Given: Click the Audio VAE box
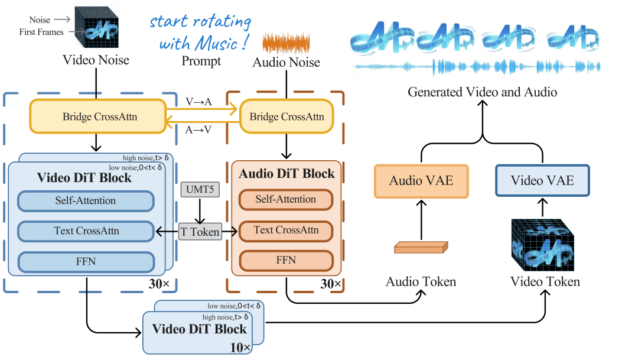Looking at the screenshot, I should [x=421, y=181].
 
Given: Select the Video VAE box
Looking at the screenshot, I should [x=542, y=180].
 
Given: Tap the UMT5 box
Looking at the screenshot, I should [x=199, y=190].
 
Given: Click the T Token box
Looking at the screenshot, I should [x=200, y=232].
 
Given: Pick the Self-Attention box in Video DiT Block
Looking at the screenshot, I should [x=86, y=201].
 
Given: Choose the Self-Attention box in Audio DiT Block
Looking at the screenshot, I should [x=285, y=200].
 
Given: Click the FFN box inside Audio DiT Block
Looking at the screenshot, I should [x=285, y=260].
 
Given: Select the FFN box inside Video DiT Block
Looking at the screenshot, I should [x=86, y=261].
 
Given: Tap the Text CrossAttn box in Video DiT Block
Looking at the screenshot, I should [x=86, y=231].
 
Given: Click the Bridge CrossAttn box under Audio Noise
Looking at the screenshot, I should [x=287, y=116].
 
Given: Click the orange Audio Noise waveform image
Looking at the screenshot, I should [x=286, y=44].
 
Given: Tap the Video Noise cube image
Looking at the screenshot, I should [x=96, y=27].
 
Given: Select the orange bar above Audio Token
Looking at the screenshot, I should [x=420, y=248].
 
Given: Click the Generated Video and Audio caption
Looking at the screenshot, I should [x=482, y=92].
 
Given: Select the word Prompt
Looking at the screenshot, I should [x=201, y=61].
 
